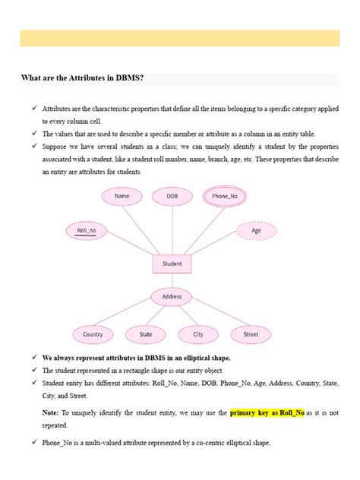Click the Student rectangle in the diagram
172,264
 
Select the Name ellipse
122,196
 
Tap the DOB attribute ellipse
172,196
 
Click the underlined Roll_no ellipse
87,230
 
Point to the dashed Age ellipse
256,230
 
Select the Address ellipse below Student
172,297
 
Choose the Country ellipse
93,334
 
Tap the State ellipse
146,334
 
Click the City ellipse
198,334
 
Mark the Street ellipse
251,334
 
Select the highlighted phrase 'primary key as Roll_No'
267,412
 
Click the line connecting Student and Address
172,281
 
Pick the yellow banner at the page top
180,39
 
